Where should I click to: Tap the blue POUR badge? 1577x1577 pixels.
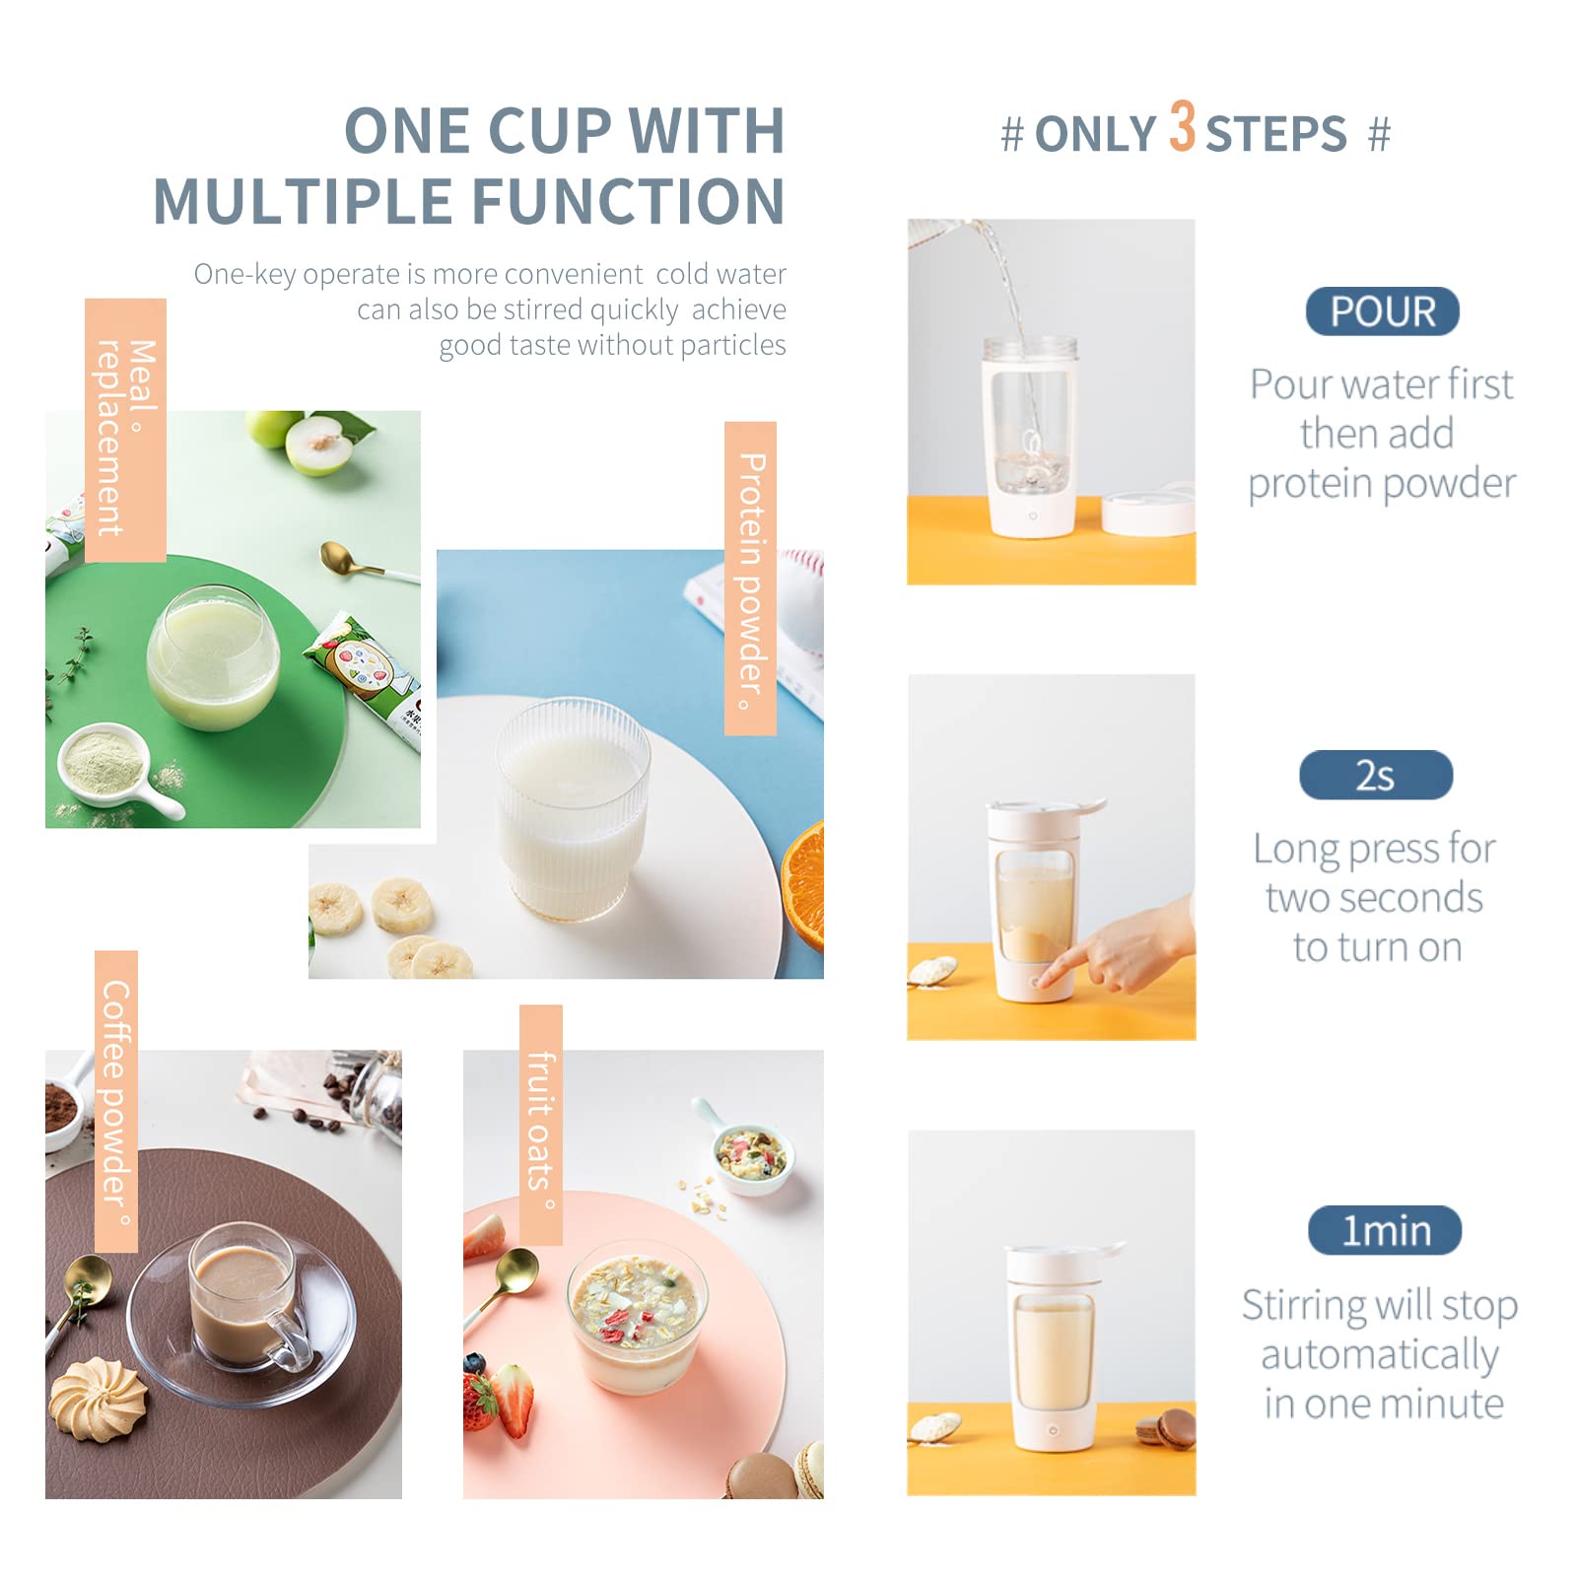(1382, 311)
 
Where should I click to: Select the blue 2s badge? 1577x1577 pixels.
(1376, 775)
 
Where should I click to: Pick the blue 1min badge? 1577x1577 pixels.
(1385, 1230)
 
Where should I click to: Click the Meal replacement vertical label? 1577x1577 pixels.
(125, 431)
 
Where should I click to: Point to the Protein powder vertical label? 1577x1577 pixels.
(750, 579)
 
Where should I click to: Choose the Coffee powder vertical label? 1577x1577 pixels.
(116, 1101)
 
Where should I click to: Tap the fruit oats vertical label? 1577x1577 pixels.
(541, 1125)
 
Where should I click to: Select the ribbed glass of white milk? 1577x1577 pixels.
(572, 809)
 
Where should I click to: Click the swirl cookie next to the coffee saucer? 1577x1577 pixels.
(98, 1399)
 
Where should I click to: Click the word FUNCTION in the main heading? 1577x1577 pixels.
(629, 201)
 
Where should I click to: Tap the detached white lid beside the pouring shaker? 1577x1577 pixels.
(1148, 509)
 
